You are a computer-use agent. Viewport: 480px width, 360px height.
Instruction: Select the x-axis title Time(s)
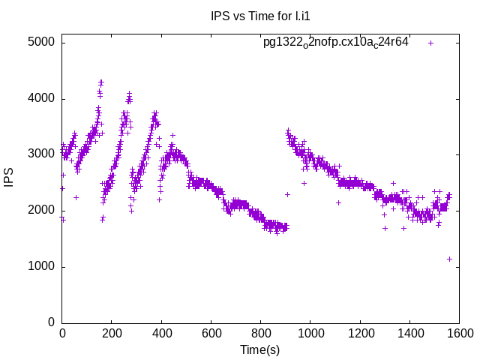click(259, 349)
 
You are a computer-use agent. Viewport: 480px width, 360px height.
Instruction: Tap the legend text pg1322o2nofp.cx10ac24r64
click(335, 42)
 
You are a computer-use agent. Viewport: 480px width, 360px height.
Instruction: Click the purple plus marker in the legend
click(430, 43)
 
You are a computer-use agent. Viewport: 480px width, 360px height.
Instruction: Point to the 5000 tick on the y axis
click(40, 42)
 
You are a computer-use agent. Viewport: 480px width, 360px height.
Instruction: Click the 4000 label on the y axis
click(40, 98)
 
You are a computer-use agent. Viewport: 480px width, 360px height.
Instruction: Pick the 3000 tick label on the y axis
click(40, 154)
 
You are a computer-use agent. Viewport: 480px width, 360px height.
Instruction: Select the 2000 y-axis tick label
click(40, 211)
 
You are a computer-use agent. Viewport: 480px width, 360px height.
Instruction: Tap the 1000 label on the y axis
click(40, 267)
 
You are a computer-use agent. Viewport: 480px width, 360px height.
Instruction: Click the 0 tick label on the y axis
click(51, 322)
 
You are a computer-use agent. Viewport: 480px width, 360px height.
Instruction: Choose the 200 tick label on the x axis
click(112, 334)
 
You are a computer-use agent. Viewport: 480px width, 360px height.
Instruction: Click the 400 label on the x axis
click(161, 334)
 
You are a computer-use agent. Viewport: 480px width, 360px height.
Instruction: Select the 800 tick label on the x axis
click(261, 334)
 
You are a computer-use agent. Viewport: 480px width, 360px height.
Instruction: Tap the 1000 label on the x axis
click(310, 334)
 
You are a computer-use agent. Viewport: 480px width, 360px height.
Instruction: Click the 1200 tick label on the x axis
click(360, 334)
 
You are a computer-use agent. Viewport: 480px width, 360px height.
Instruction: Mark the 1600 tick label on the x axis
click(459, 334)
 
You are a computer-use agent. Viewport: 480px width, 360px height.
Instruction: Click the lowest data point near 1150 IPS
click(449, 259)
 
